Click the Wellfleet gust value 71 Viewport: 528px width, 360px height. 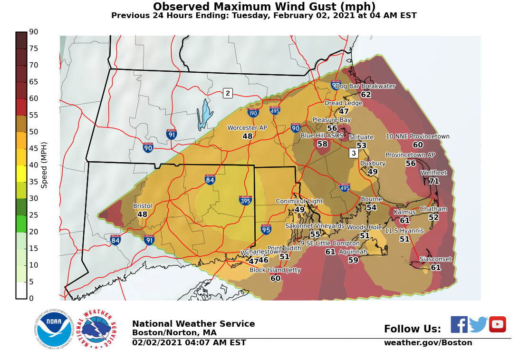pos(433,181)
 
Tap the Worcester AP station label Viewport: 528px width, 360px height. pos(247,128)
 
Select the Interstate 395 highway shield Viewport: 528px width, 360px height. pos(245,200)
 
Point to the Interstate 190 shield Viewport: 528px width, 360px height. pos(253,113)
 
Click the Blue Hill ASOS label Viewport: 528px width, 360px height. pos(322,136)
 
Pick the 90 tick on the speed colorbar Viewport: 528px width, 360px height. pos(34,32)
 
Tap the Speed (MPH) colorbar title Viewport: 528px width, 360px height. pos(44,165)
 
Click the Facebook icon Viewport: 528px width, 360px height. pos(459,324)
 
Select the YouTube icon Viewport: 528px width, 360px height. pos(497,324)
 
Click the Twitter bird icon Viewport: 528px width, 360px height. pos(478,324)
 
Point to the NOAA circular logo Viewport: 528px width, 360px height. pos(54,329)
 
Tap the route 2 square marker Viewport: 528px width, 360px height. pos(228,93)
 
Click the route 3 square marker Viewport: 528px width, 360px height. pos(353,153)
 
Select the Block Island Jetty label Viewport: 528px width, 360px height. pos(275,270)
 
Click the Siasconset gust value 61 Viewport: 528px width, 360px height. pos(436,268)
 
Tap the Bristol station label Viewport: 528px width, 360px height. pos(142,206)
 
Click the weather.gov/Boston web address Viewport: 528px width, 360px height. pos(428,343)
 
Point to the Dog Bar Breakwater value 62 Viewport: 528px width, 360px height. pos(365,95)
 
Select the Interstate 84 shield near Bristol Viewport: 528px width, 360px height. pos(115,240)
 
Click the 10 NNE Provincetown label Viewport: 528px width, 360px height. pos(417,136)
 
